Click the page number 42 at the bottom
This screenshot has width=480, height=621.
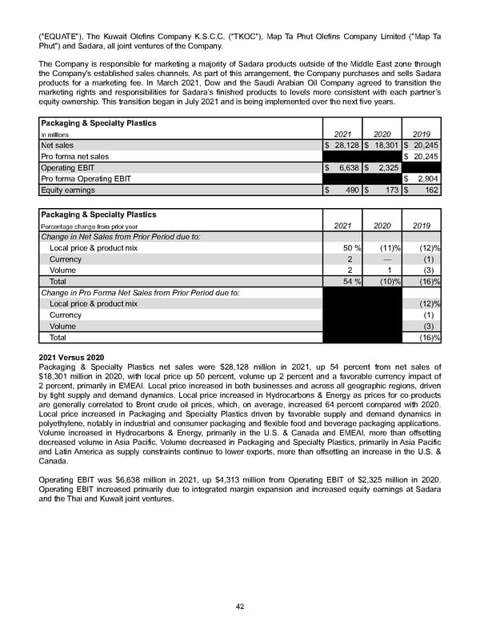pos(240,607)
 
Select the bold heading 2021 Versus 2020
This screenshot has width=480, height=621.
pos(72,355)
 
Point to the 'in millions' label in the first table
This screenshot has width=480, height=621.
pos(53,135)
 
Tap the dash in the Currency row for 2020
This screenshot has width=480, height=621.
pos(387,259)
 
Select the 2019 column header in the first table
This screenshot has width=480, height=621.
pos(421,134)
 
